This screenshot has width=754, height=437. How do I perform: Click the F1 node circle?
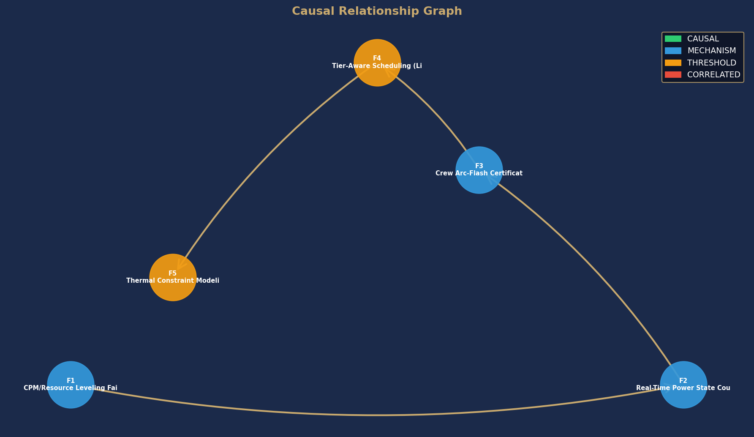click(x=71, y=385)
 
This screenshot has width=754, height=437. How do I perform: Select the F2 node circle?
click(x=683, y=385)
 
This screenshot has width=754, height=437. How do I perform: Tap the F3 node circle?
click(x=479, y=170)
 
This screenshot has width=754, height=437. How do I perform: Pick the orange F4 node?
click(x=377, y=63)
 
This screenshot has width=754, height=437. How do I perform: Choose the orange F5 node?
click(x=173, y=277)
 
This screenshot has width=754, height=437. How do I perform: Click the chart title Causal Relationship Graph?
click(x=377, y=11)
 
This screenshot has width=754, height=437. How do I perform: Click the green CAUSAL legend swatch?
click(x=673, y=39)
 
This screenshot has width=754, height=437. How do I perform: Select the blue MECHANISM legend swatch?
click(x=673, y=51)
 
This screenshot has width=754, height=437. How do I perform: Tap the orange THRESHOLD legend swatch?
click(x=673, y=63)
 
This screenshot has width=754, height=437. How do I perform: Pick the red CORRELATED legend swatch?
click(x=673, y=74)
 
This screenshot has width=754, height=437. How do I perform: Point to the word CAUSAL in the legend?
click(x=703, y=39)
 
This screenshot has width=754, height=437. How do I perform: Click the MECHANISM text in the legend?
click(x=712, y=51)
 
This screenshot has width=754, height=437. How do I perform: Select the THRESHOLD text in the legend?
click(x=712, y=63)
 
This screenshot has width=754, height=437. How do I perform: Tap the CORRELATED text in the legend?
click(x=714, y=74)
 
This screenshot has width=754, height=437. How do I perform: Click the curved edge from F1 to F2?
click(x=377, y=415)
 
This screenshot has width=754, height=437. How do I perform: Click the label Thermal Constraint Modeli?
click(x=173, y=281)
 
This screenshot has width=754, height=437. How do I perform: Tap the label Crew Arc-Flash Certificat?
click(x=479, y=173)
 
